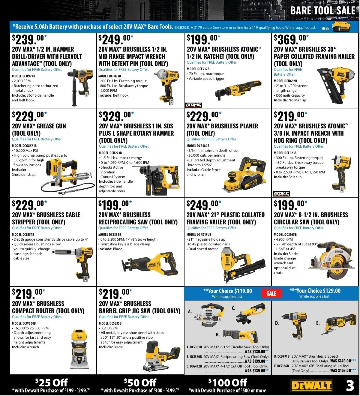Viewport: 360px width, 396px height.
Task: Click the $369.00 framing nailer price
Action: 291,40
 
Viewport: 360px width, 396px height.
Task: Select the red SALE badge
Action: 271,293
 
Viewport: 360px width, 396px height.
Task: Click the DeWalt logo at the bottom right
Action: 312,385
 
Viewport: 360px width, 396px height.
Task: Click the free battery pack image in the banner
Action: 341,27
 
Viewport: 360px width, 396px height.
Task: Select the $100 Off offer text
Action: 227,382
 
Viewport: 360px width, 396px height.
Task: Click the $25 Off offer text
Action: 51,382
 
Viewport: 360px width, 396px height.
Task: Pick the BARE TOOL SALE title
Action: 323,10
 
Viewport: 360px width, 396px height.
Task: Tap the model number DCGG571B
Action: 24,146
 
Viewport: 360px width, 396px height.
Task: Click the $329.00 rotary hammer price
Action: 116,116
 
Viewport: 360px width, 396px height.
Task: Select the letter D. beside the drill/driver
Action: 277,323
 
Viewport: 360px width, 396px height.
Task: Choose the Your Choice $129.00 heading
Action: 315,291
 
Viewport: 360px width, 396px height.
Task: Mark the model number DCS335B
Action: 110,323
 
